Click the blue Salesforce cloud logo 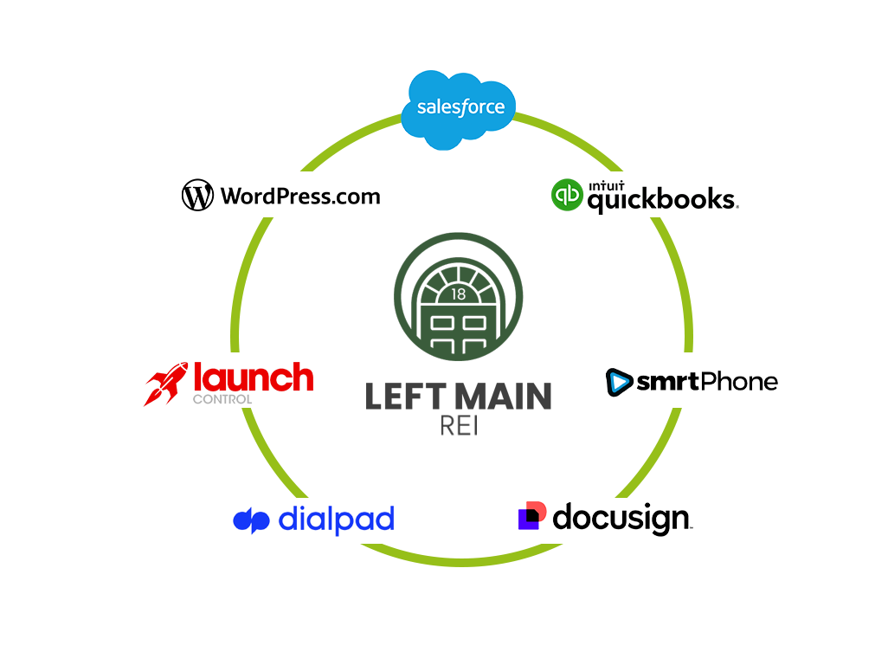coord(458,110)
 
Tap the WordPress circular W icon coord(197,196)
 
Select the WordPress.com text coord(300,196)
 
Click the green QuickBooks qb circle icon coord(567,195)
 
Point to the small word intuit coord(606,186)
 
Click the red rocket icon coord(165,384)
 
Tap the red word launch coord(253,378)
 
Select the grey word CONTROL coord(222,399)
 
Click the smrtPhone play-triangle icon coord(619,382)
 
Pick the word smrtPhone coord(707,382)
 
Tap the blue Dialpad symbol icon coord(251,520)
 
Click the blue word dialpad coord(337,520)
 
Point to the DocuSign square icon coord(532,515)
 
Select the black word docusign coord(621,518)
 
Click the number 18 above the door coord(458,294)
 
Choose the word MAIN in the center coord(504,396)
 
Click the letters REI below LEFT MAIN coord(459,426)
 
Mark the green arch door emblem coord(458,297)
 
